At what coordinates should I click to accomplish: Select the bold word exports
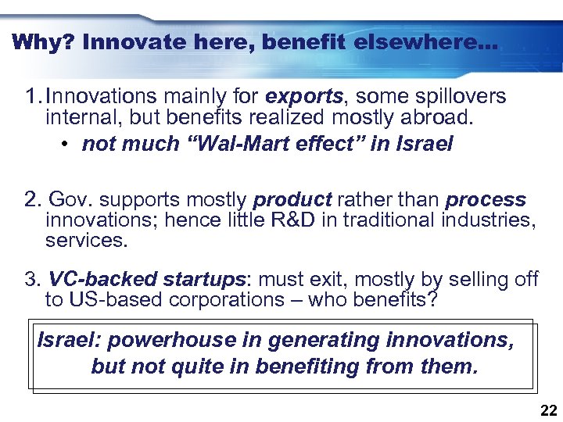pyautogui.click(x=304, y=96)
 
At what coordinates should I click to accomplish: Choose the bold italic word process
pyautogui.click(x=486, y=200)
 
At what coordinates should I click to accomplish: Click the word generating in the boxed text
pyautogui.click(x=329, y=341)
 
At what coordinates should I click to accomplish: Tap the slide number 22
pyautogui.click(x=548, y=410)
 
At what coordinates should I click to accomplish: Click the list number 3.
pyautogui.click(x=30, y=279)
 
